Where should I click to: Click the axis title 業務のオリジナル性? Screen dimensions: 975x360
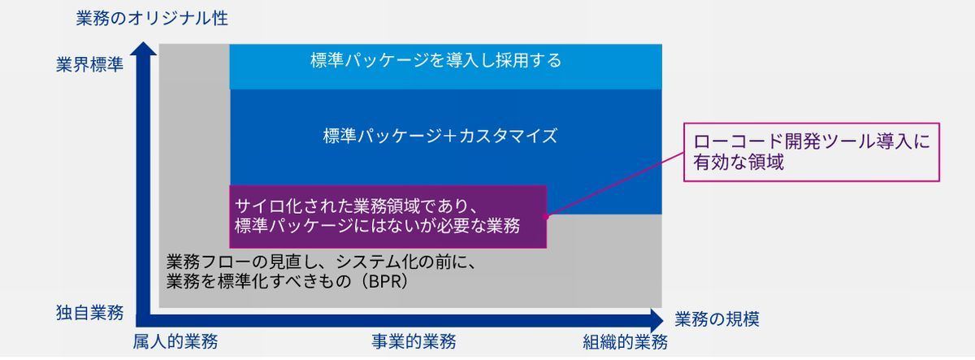coord(152,18)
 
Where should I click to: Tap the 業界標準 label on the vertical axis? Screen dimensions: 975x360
coord(89,64)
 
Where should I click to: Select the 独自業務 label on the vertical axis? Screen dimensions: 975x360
coord(89,313)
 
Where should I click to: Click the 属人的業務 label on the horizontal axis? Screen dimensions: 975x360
coord(175,342)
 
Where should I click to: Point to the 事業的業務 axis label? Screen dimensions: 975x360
coord(414,342)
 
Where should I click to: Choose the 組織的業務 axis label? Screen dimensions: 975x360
coord(625,343)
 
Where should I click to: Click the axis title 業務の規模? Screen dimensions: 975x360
coord(717,319)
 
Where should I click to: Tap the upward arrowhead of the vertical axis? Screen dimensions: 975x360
coord(144,48)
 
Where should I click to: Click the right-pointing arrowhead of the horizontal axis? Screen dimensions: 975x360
coord(656,321)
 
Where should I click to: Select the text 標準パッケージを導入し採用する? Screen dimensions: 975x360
coord(435,60)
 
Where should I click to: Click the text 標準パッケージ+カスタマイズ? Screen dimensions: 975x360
coord(440,136)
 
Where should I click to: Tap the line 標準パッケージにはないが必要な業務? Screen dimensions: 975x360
coord(377,225)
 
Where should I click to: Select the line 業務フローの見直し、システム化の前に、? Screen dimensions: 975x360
coord(322,262)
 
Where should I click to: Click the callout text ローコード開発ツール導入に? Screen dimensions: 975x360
coord(812,141)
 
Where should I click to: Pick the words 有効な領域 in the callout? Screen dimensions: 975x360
coord(739,162)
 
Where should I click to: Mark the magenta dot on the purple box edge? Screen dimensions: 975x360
coord(545,216)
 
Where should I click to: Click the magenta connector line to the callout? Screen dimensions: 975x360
coord(614,184)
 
